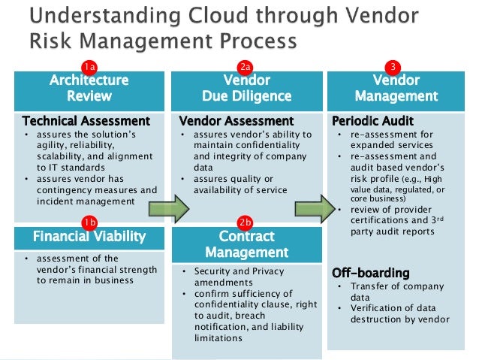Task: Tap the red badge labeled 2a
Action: pos(245,65)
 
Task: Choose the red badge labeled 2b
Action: pos(245,222)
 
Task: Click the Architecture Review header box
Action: pos(89,88)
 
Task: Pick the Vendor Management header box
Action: pos(396,88)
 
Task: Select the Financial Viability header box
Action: pos(89,237)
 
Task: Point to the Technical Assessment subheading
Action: pos(86,120)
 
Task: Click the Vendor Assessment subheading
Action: pos(236,120)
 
